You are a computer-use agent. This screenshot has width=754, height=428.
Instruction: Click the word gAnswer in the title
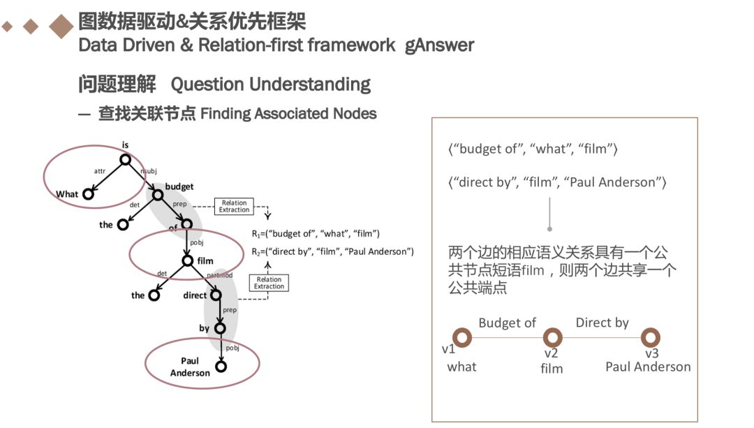coord(440,46)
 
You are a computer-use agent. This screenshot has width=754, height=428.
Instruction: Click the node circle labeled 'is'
coord(125,160)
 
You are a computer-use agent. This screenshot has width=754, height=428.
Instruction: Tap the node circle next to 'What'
coord(89,193)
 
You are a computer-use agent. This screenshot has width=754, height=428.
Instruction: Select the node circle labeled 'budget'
coord(158,195)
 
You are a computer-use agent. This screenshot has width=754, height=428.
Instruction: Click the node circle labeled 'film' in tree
coord(187,261)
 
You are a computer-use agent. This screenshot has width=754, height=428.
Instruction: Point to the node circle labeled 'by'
coord(220,327)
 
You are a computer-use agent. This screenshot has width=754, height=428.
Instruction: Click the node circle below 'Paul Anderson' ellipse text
coord(221,366)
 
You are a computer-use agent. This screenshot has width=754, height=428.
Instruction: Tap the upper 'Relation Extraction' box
coord(234,206)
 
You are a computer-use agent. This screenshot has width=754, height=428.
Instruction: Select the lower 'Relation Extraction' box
coord(269,282)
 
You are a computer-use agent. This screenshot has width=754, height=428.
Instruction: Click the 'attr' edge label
coord(99,170)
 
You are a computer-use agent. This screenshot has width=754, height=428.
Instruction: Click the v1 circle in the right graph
coord(462,338)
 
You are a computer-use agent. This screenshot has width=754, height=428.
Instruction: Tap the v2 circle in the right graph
coord(552,338)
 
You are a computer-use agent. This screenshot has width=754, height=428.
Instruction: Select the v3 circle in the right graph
coord(651,338)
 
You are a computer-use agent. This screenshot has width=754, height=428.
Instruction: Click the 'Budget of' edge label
coord(507,323)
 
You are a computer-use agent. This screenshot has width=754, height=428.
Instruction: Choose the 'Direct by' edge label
coord(602,323)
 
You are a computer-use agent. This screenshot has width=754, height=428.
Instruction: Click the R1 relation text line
coord(316,233)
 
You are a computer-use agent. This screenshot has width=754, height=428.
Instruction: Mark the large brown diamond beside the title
coord(61,27)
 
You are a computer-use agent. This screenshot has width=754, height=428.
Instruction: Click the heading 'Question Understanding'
coord(270,84)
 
